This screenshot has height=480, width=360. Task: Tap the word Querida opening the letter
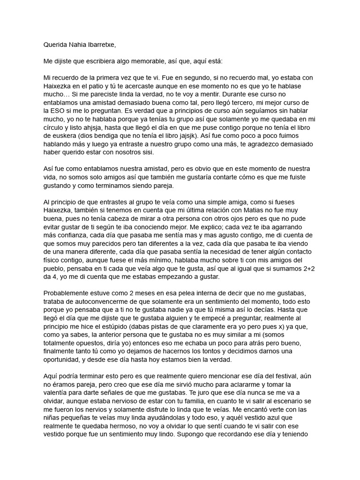[55, 45]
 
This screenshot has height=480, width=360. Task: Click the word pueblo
[55, 268]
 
